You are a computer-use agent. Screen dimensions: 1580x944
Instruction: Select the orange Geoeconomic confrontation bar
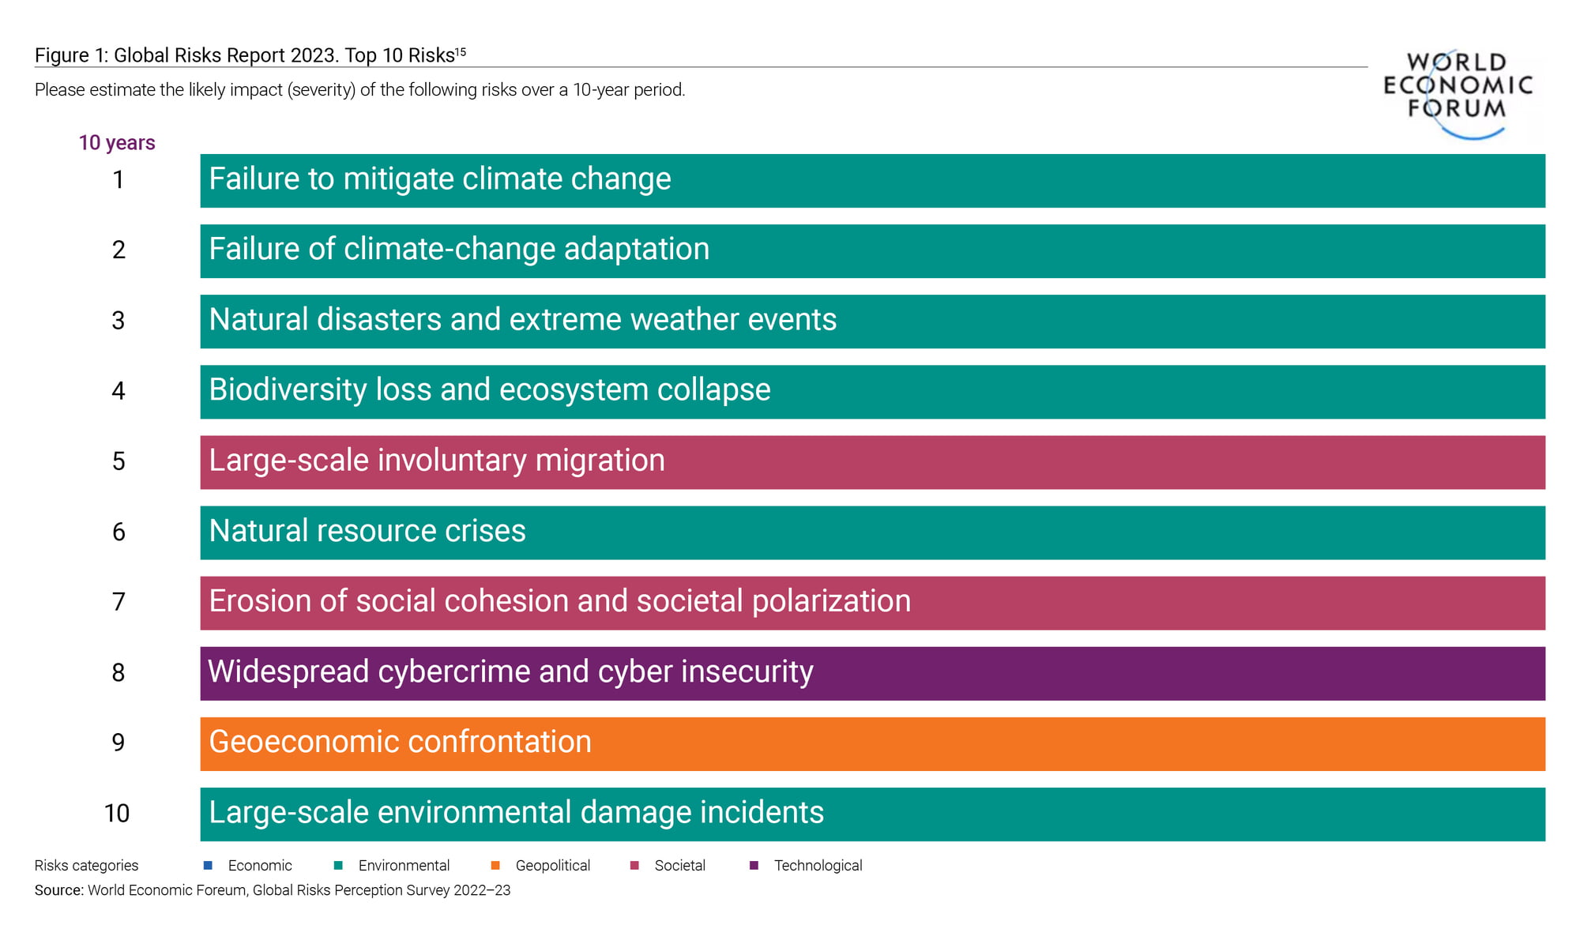point(872,743)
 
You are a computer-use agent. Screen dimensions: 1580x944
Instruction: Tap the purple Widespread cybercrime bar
point(872,673)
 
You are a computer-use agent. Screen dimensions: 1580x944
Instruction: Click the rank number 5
point(118,461)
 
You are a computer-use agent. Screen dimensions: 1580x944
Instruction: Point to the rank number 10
point(117,813)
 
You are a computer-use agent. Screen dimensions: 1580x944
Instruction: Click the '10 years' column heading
point(117,143)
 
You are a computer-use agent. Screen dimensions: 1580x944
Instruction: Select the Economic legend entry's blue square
point(208,865)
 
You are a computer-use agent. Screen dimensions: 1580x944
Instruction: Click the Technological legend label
point(818,865)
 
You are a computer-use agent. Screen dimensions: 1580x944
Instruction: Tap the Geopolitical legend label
point(553,866)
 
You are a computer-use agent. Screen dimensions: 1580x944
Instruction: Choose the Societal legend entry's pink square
point(634,865)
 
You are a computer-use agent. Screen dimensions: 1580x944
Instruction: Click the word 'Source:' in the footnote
point(59,890)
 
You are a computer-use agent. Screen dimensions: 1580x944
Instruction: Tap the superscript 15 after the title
point(461,52)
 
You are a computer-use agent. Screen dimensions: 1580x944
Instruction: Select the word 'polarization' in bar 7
point(831,602)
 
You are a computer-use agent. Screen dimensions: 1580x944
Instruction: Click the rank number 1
point(118,180)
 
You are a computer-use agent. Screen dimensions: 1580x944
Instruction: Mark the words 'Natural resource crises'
point(367,531)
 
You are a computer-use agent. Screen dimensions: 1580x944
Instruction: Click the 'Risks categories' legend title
point(86,866)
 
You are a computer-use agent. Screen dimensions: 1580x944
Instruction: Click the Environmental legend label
point(404,865)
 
